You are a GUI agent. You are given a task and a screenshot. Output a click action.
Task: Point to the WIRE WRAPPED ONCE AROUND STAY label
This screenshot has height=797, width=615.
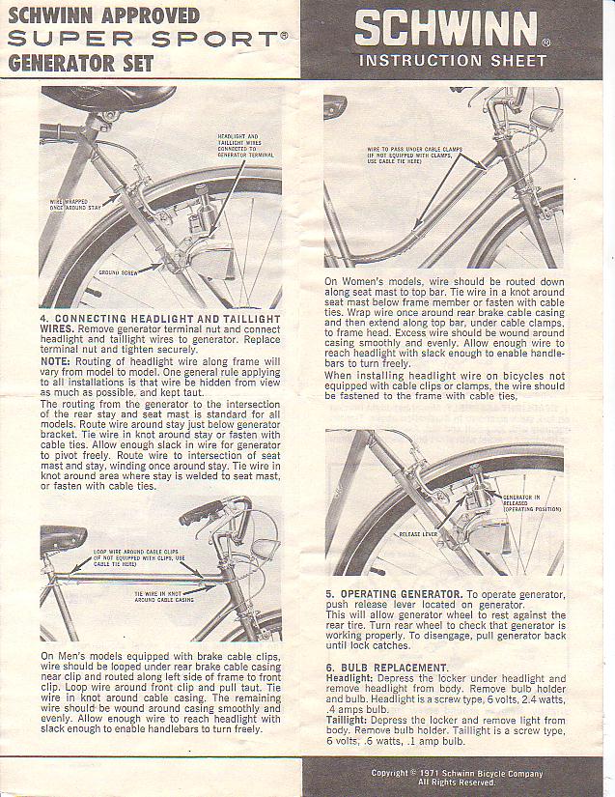click(x=75, y=204)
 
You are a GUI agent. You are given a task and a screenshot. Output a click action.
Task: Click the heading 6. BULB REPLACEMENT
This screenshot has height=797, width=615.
click(x=386, y=668)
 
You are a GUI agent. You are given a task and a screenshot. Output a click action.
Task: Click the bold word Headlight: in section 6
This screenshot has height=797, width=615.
click(x=352, y=678)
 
